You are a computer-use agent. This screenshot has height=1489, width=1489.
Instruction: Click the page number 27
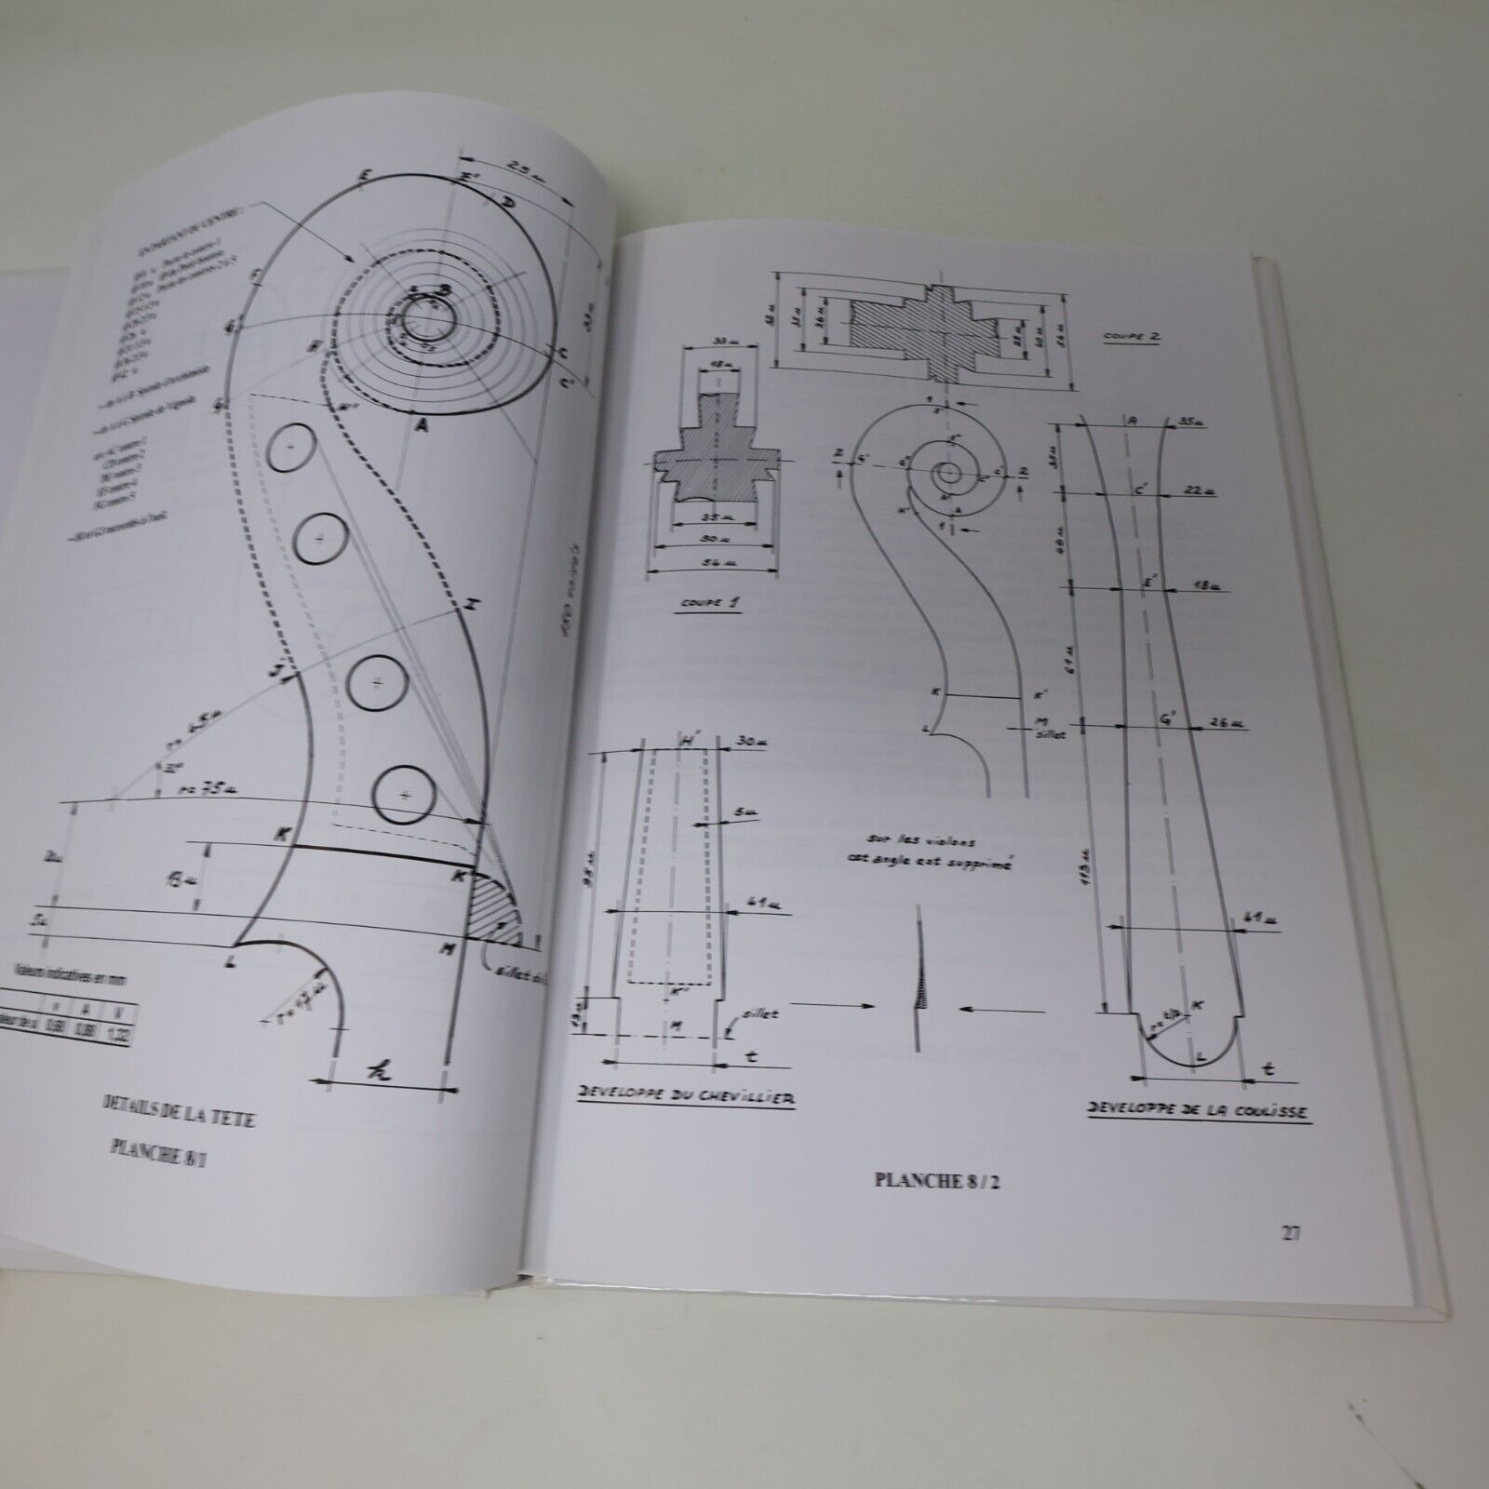coord(1290,1234)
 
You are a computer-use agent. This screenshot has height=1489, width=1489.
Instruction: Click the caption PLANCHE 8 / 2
coord(942,1182)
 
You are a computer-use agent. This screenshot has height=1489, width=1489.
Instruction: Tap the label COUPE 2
coord(1129,338)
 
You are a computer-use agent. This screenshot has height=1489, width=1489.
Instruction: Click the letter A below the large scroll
coord(423,424)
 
